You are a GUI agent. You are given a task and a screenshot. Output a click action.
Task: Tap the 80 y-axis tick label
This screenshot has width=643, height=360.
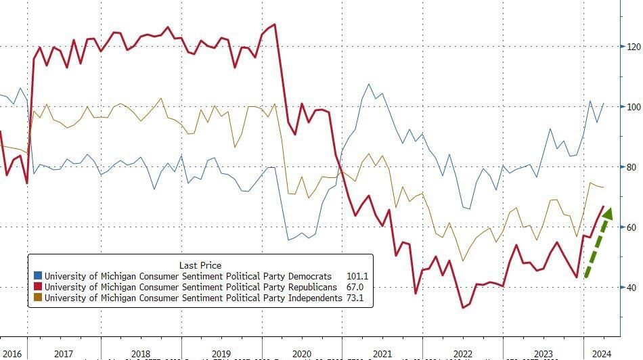(x=631, y=167)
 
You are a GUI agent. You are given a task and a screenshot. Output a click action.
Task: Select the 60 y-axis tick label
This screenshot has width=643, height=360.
(x=631, y=227)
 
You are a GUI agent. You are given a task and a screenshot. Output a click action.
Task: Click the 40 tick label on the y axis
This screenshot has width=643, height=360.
(x=631, y=288)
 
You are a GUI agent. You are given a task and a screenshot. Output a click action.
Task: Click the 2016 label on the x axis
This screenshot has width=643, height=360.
(x=14, y=354)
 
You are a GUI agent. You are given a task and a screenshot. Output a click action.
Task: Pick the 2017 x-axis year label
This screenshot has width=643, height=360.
(x=64, y=354)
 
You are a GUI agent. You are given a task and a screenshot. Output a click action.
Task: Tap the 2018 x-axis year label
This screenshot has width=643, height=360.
(x=141, y=354)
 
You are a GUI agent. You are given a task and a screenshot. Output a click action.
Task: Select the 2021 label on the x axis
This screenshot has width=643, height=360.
(x=383, y=354)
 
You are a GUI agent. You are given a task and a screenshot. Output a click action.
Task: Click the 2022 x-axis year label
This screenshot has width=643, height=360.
(x=463, y=354)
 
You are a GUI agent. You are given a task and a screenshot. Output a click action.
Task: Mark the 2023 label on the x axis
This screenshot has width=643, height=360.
(x=543, y=354)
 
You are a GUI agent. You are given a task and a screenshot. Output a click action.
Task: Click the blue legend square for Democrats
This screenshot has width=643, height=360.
(x=38, y=276)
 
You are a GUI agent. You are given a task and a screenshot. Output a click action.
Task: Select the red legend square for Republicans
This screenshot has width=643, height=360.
(x=38, y=287)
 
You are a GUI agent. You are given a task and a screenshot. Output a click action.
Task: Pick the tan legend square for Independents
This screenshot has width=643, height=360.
(x=38, y=298)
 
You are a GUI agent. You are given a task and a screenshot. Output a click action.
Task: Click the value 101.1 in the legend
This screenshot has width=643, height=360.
(x=356, y=276)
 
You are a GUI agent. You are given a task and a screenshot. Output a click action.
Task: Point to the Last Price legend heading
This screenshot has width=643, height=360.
(x=200, y=265)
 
